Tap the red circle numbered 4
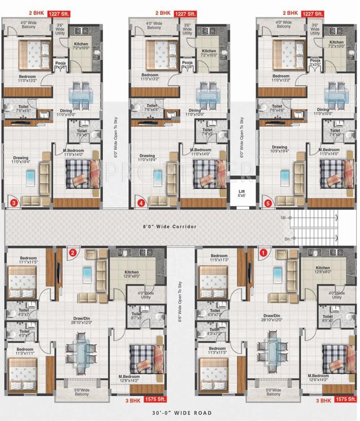(x=142, y=203)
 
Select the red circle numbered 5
(x=268, y=203)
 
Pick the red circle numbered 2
(x=73, y=253)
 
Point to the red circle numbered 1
(x=263, y=253)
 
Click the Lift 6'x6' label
(x=241, y=193)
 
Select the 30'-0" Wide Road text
(x=181, y=413)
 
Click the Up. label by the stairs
(x=283, y=218)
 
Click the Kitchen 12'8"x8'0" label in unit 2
(x=131, y=275)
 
